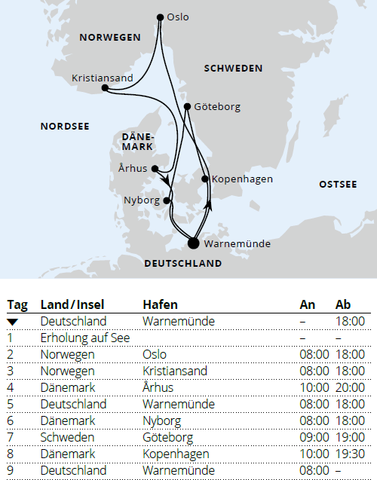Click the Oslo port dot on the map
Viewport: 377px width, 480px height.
(160, 17)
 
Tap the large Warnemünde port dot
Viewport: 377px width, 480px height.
(194, 243)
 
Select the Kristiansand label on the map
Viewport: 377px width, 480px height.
(102, 78)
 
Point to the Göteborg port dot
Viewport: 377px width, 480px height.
(187, 107)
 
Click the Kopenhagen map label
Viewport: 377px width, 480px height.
(242, 179)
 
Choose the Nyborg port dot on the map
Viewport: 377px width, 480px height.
(167, 200)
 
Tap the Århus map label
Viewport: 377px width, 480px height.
(133, 168)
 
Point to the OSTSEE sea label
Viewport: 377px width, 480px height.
(338, 185)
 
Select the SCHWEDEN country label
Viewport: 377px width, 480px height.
(233, 69)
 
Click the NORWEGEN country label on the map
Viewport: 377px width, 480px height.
(110, 37)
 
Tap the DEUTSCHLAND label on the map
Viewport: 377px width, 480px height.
(182, 264)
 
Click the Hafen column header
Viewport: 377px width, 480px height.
(160, 305)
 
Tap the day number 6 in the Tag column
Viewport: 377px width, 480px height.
(11, 420)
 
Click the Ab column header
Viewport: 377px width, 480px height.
(343, 305)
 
